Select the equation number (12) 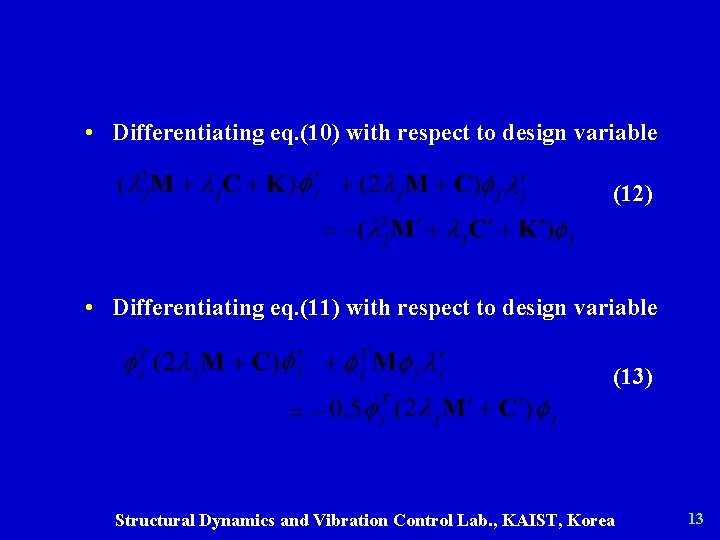(632, 194)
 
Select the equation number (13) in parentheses (632, 377)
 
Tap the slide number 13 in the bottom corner (696, 518)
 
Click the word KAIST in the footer (539, 520)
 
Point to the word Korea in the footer (593, 520)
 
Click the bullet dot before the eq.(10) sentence (90, 132)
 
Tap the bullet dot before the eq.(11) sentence (90, 307)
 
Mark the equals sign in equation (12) (329, 232)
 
